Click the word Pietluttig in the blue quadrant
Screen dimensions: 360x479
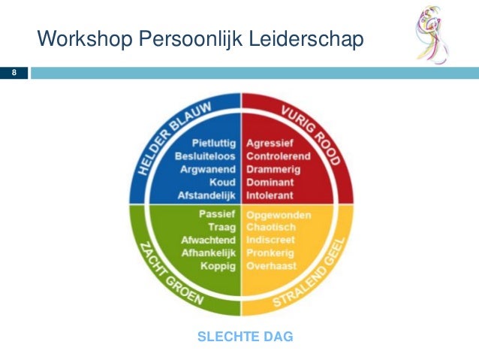pyautogui.click(x=214, y=143)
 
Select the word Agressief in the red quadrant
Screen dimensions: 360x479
pyautogui.click(x=270, y=143)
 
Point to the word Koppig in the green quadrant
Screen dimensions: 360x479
pyautogui.click(x=218, y=266)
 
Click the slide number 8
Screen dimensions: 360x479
pyautogui.click(x=13, y=73)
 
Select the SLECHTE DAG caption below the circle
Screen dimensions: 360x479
pyautogui.click(x=245, y=337)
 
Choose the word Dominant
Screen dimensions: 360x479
pyautogui.click(x=271, y=182)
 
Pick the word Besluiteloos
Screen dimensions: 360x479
pyautogui.click(x=205, y=156)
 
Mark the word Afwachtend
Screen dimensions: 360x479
pyautogui.click(x=208, y=240)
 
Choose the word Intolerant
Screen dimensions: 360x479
pyautogui.click(x=271, y=195)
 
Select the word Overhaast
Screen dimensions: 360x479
pyautogui.click(x=272, y=266)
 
